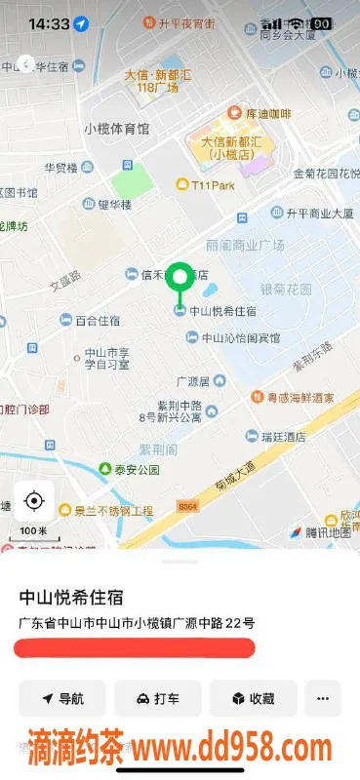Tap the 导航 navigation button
[61, 698]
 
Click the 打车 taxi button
[157, 698]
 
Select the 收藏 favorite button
[252, 698]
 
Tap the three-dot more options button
[323, 698]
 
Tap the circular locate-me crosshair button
[34, 501]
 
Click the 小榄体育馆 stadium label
[116, 128]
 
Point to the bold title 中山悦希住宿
[79, 597]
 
